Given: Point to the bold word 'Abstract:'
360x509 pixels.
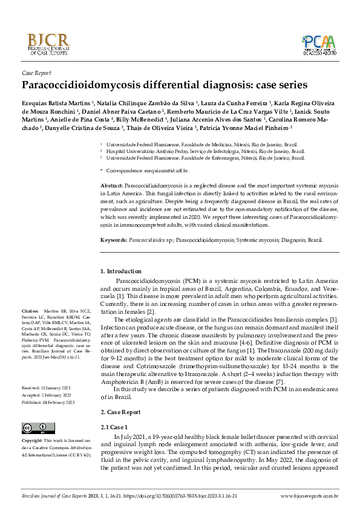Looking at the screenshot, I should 111,183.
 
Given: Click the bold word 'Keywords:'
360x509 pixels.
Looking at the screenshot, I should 114,239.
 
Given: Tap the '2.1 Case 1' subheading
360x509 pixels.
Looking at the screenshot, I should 115,427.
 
